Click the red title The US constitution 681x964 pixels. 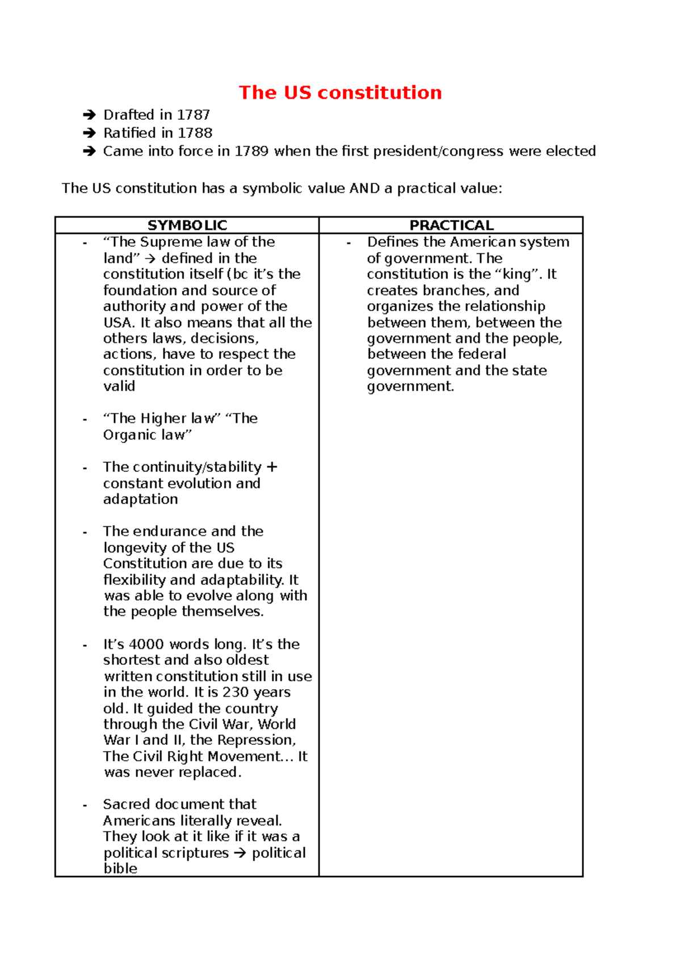pyautogui.click(x=340, y=93)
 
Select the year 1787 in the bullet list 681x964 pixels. pyautogui.click(x=194, y=115)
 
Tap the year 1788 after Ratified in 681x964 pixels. pyautogui.click(x=195, y=133)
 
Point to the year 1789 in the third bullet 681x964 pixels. pyautogui.click(x=251, y=151)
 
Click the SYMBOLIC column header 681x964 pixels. pyautogui.click(x=187, y=225)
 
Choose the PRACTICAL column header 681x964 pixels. pyautogui.click(x=451, y=225)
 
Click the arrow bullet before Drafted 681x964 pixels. pyautogui.click(x=89, y=115)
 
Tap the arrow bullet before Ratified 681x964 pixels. pyautogui.click(x=89, y=133)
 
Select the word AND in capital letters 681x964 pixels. pyautogui.click(x=365, y=188)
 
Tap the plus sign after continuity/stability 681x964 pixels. pyautogui.click(x=272, y=467)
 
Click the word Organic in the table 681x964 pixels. pyautogui.click(x=128, y=435)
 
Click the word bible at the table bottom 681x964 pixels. pyautogui.click(x=120, y=869)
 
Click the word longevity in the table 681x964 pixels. pyautogui.click(x=135, y=548)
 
